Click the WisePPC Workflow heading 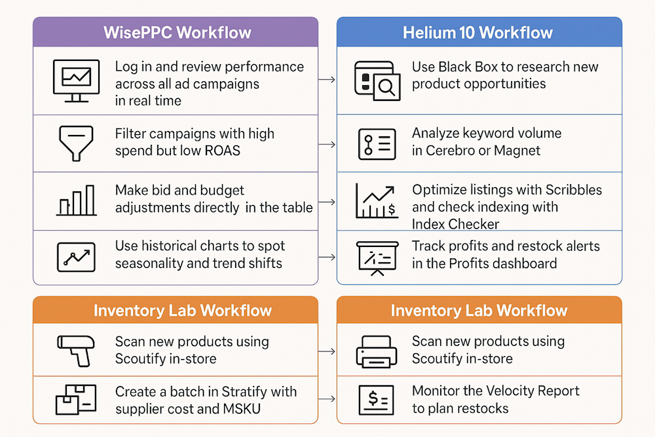(x=177, y=33)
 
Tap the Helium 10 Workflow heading (x=477, y=33)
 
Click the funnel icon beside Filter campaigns (x=76, y=143)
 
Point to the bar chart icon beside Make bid (x=77, y=200)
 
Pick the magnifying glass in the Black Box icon (x=387, y=88)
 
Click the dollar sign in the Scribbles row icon (x=392, y=208)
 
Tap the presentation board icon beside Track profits (x=377, y=257)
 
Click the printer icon (x=377, y=352)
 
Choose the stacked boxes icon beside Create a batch (x=76, y=400)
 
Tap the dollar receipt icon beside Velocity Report (x=376, y=400)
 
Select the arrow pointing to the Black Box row (x=327, y=79)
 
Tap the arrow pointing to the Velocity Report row (x=327, y=399)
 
